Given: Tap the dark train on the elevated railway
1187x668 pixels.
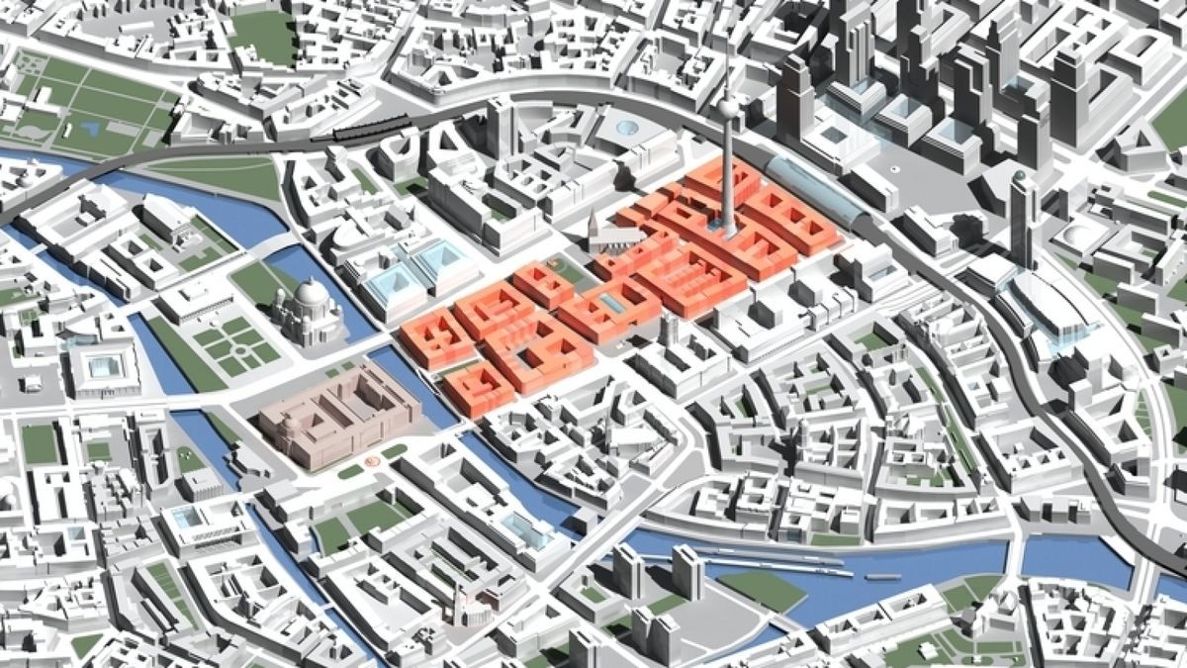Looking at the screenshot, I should [x=371, y=127].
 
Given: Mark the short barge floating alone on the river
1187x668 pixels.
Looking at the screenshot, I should [x=881, y=576].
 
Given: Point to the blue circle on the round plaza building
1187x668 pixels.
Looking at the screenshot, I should [x=625, y=126].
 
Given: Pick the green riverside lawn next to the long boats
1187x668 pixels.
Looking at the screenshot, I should [x=762, y=588].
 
